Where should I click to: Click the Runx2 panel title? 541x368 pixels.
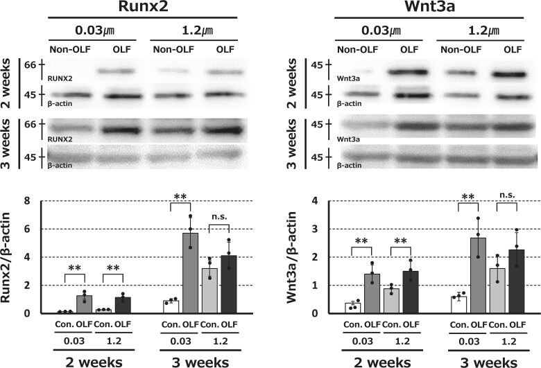tap(143, 6)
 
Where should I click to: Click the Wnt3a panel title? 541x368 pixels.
tap(429, 6)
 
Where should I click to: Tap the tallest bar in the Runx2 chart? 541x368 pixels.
tap(191, 273)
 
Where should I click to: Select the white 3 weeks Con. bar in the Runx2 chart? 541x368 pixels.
tap(171, 307)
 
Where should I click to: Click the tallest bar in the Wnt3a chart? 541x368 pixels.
tap(478, 276)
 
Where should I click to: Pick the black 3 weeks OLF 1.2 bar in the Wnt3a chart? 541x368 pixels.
tap(517, 281)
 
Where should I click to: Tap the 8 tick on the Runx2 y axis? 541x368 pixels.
tap(27, 201)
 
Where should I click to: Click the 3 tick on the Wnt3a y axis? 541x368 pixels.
tap(315, 229)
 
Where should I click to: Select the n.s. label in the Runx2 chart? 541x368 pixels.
tap(219, 217)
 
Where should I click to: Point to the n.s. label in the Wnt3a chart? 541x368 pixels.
tap(507, 195)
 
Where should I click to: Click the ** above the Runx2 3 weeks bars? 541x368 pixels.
tap(180, 197)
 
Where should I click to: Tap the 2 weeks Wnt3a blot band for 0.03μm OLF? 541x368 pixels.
tap(409, 73)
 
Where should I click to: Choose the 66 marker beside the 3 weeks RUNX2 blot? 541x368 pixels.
tap(31, 124)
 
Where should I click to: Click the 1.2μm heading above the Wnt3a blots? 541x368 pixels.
tap(483, 30)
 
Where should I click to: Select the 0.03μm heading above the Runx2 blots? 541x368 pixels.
tap(94, 30)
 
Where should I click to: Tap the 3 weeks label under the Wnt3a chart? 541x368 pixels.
tap(488, 362)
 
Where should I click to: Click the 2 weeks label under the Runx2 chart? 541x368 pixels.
tap(94, 362)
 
